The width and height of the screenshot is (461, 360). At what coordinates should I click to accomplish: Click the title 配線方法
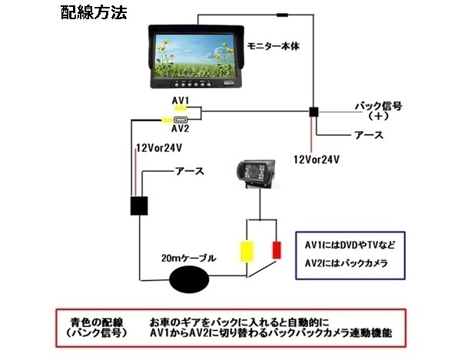click(x=94, y=14)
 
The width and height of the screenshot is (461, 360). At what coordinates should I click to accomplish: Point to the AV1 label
click(x=181, y=100)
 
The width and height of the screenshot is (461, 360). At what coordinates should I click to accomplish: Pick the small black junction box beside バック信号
click(x=313, y=112)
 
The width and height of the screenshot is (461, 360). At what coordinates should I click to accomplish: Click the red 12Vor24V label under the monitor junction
click(x=317, y=159)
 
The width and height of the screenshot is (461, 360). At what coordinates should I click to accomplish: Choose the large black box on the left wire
click(x=139, y=206)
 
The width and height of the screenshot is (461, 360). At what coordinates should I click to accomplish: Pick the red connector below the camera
click(x=277, y=250)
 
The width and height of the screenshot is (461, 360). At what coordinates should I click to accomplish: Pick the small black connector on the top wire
click(x=283, y=14)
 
